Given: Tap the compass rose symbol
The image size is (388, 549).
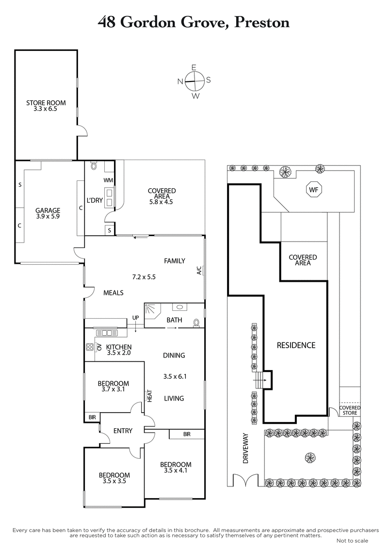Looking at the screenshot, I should (x=194, y=81).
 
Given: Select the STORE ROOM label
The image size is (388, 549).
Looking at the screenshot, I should (x=46, y=106).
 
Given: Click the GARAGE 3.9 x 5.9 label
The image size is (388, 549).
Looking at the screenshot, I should (x=48, y=213).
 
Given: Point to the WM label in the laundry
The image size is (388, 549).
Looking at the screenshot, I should (x=108, y=180).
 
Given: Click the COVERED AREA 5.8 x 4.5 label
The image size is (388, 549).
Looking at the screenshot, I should (x=162, y=194).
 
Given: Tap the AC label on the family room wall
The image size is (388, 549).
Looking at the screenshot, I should (x=199, y=270).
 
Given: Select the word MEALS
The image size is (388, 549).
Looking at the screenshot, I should (x=113, y=293).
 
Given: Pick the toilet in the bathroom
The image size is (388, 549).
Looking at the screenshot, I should (x=196, y=322).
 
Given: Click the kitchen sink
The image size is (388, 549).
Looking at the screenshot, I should (x=105, y=333).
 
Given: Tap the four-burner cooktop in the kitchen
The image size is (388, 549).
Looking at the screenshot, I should (x=90, y=347).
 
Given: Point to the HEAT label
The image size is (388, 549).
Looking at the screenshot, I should (x=150, y=396).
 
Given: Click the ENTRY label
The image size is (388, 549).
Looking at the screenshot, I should (x=123, y=431).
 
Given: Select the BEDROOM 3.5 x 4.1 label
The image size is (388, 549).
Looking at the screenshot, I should (x=176, y=467).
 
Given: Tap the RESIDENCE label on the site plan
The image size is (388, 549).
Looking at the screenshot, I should (x=296, y=345).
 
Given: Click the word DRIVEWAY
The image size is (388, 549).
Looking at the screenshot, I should (x=245, y=448).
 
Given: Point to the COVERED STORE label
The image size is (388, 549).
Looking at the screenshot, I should (x=350, y=410).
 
